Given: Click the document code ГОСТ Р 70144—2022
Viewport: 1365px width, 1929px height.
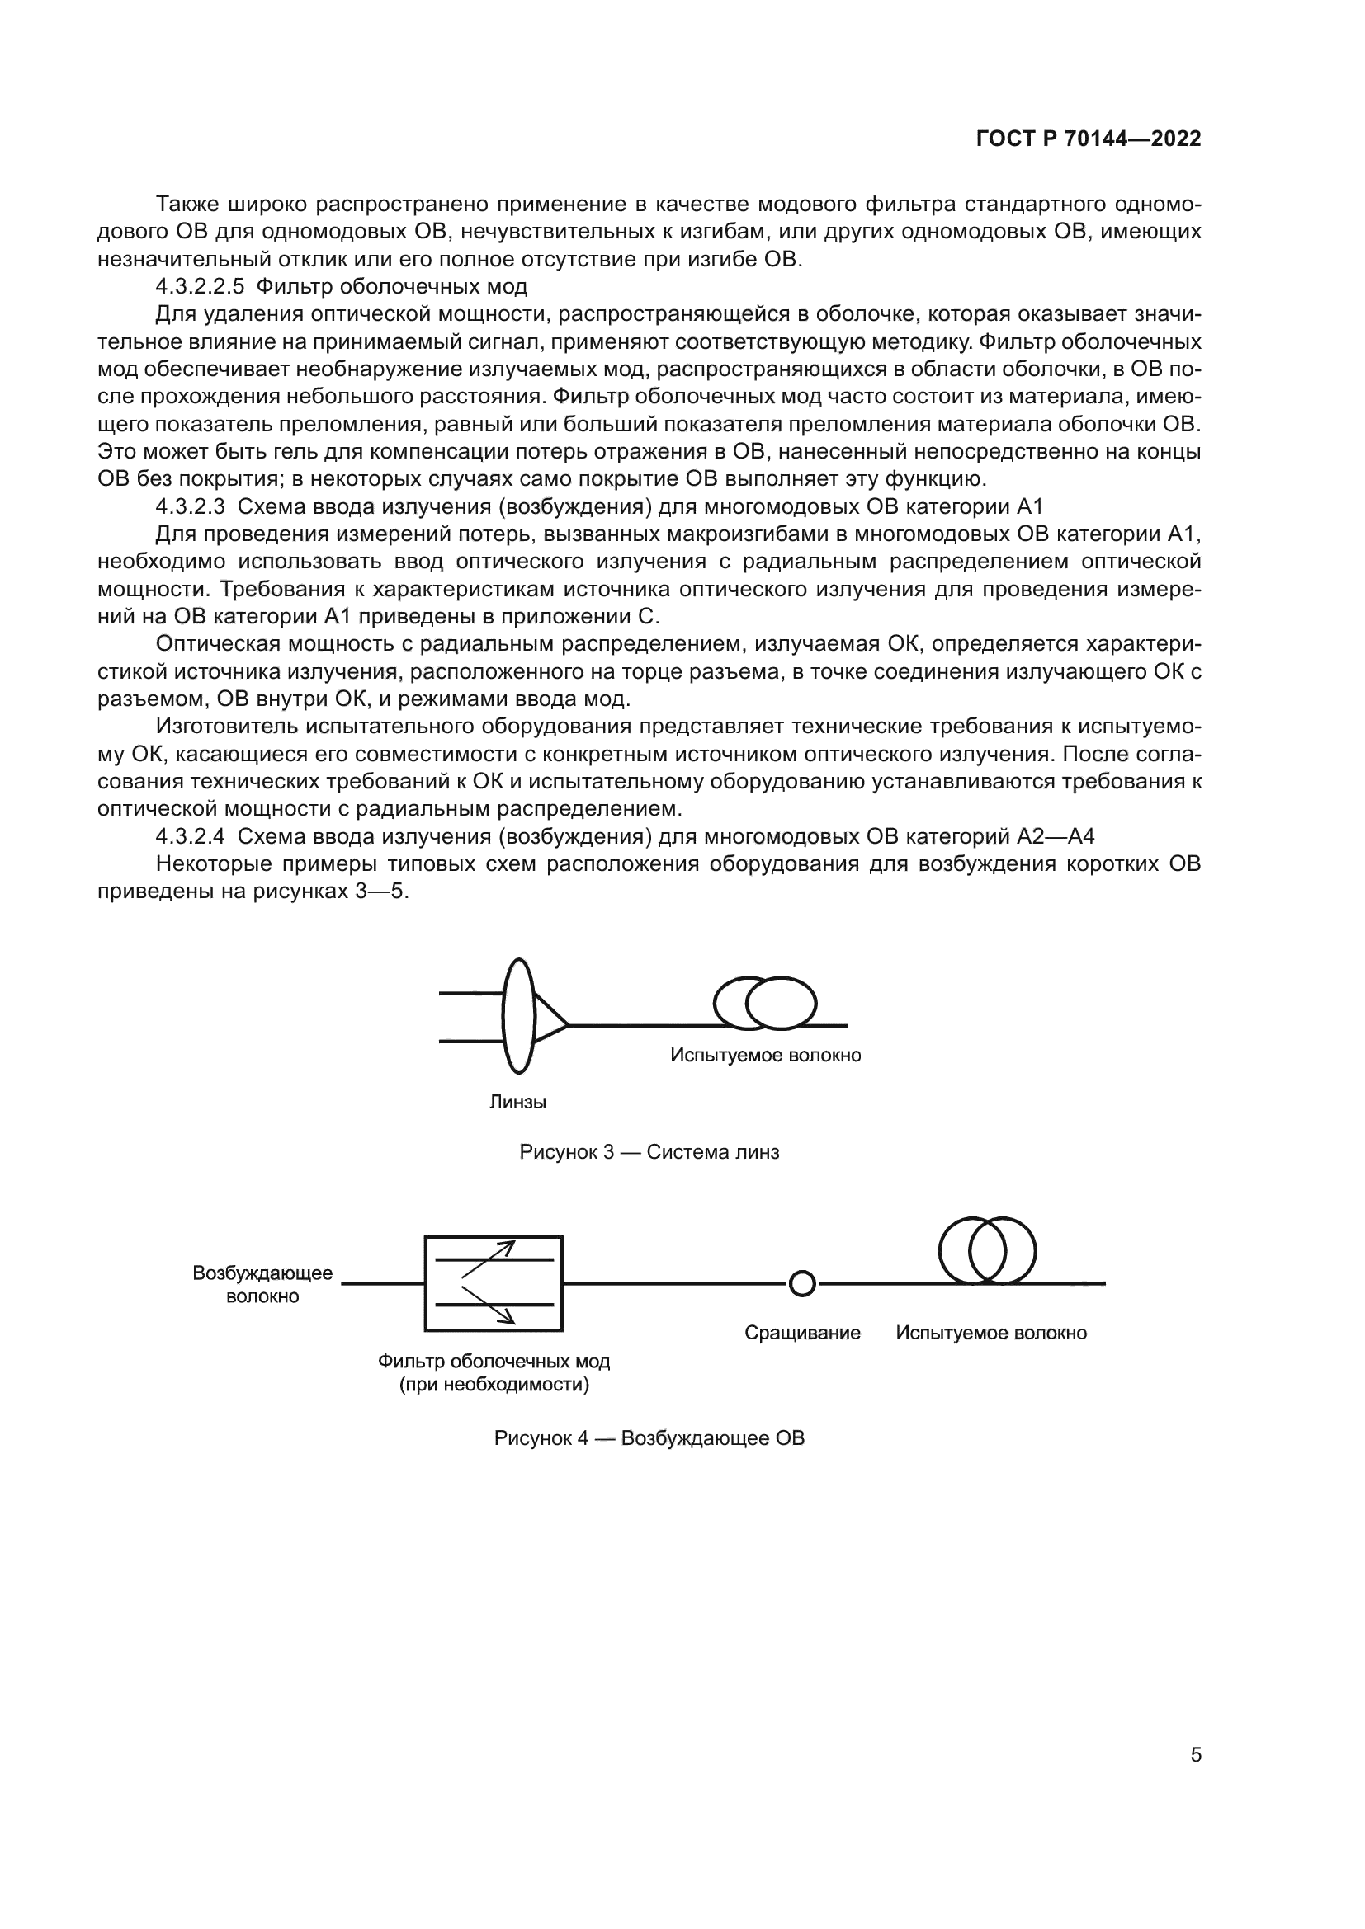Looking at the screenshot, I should [1089, 139].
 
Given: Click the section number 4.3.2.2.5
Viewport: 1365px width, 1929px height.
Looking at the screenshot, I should [199, 287].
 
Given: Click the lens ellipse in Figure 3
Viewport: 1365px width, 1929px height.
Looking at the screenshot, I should [518, 1017].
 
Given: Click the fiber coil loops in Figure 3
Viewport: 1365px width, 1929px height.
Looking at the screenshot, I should [764, 1003].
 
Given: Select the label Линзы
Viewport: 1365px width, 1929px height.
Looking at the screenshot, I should [517, 1103].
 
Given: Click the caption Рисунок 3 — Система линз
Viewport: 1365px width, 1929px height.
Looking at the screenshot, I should [649, 1152].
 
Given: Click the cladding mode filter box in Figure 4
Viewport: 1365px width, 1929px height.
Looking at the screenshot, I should [494, 1284].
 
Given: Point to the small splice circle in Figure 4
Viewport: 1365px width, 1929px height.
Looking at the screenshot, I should [803, 1284].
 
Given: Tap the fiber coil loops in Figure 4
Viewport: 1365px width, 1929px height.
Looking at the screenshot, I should [987, 1250].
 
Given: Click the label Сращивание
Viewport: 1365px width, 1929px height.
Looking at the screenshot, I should [802, 1334].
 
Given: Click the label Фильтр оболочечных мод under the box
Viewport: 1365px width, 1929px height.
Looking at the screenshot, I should [494, 1361].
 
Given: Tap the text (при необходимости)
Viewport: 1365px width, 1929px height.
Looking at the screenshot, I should [494, 1385].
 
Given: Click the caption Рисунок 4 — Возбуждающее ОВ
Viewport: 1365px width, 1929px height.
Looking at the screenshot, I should [649, 1438].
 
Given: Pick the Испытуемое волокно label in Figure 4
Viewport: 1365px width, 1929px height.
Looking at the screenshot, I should [991, 1334].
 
